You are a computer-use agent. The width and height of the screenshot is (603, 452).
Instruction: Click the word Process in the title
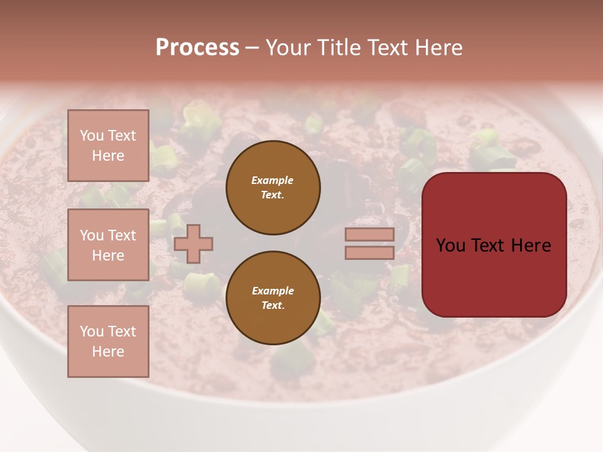197,48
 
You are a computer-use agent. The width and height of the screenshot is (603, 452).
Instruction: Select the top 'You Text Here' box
108,146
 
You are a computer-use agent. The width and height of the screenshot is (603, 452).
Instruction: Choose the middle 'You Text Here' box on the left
108,245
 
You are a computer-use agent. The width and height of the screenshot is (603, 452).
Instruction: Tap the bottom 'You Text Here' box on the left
108,341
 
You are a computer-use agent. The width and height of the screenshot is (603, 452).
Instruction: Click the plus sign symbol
193,244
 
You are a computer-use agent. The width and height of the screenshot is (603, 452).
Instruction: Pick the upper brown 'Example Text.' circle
273,188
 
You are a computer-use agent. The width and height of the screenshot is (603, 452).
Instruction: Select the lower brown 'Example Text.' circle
273,298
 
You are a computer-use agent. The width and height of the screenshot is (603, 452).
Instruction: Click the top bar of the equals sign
369,235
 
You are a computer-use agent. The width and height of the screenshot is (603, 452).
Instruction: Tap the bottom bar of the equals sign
369,252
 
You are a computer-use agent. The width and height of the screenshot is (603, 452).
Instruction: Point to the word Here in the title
440,48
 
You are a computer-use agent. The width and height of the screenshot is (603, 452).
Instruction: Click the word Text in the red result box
494,245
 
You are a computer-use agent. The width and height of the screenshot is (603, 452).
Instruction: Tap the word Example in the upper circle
272,181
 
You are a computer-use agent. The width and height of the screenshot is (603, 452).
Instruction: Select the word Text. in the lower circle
273,306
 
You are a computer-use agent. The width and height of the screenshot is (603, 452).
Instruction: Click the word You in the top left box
91,136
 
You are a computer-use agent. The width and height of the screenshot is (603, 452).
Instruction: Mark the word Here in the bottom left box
108,352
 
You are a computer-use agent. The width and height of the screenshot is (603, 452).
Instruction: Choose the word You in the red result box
450,245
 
